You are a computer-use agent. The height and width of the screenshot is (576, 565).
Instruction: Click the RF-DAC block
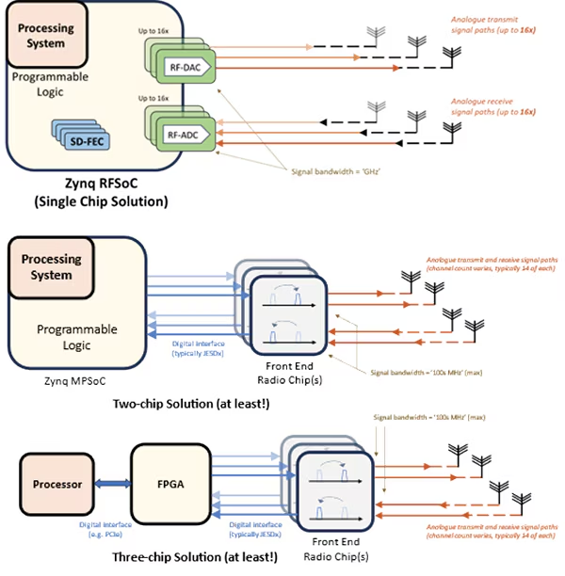[x=186, y=67]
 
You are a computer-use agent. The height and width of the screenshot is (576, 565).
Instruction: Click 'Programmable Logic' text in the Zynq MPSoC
[x=77, y=336]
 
